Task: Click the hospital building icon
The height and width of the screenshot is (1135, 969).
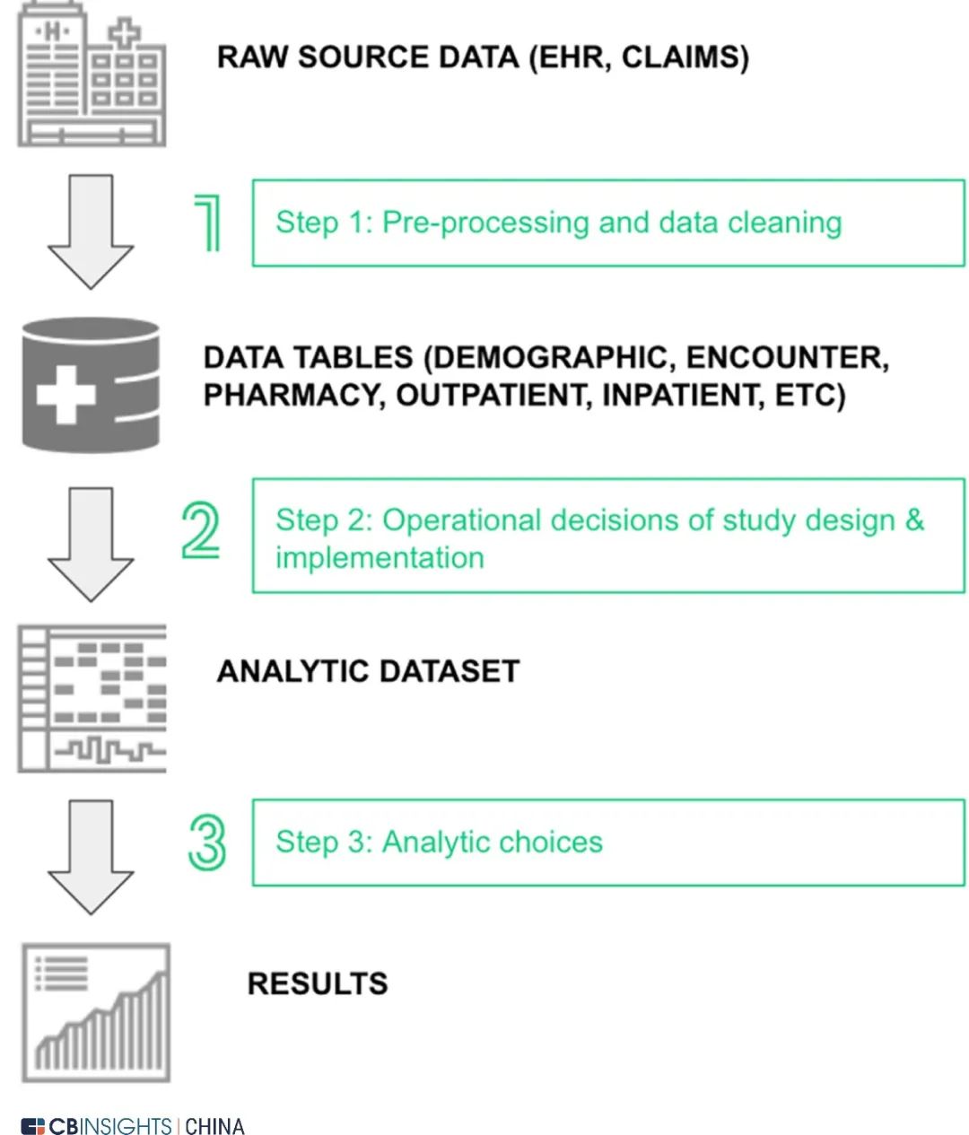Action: point(92,74)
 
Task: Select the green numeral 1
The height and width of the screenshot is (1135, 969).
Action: point(207,223)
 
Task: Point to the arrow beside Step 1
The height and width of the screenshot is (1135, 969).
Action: point(91,231)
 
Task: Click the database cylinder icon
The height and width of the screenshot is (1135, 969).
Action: point(91,385)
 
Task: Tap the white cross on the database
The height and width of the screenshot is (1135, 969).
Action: point(66,395)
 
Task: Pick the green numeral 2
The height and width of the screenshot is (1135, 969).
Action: point(201,530)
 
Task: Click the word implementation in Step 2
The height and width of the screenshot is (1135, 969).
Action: point(380,558)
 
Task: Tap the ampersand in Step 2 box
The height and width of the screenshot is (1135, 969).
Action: point(914,519)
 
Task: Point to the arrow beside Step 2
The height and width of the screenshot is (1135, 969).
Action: point(91,544)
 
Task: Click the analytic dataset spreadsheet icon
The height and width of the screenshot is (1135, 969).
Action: point(92,698)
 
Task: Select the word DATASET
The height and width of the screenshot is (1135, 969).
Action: point(450,671)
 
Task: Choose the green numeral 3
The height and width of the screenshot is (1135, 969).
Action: point(207,843)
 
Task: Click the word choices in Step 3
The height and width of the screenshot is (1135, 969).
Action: point(552,842)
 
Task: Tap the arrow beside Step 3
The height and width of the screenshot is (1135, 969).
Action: point(91,857)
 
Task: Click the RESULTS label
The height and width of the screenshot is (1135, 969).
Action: point(318,983)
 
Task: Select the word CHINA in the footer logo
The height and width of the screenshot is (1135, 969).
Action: point(214,1126)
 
